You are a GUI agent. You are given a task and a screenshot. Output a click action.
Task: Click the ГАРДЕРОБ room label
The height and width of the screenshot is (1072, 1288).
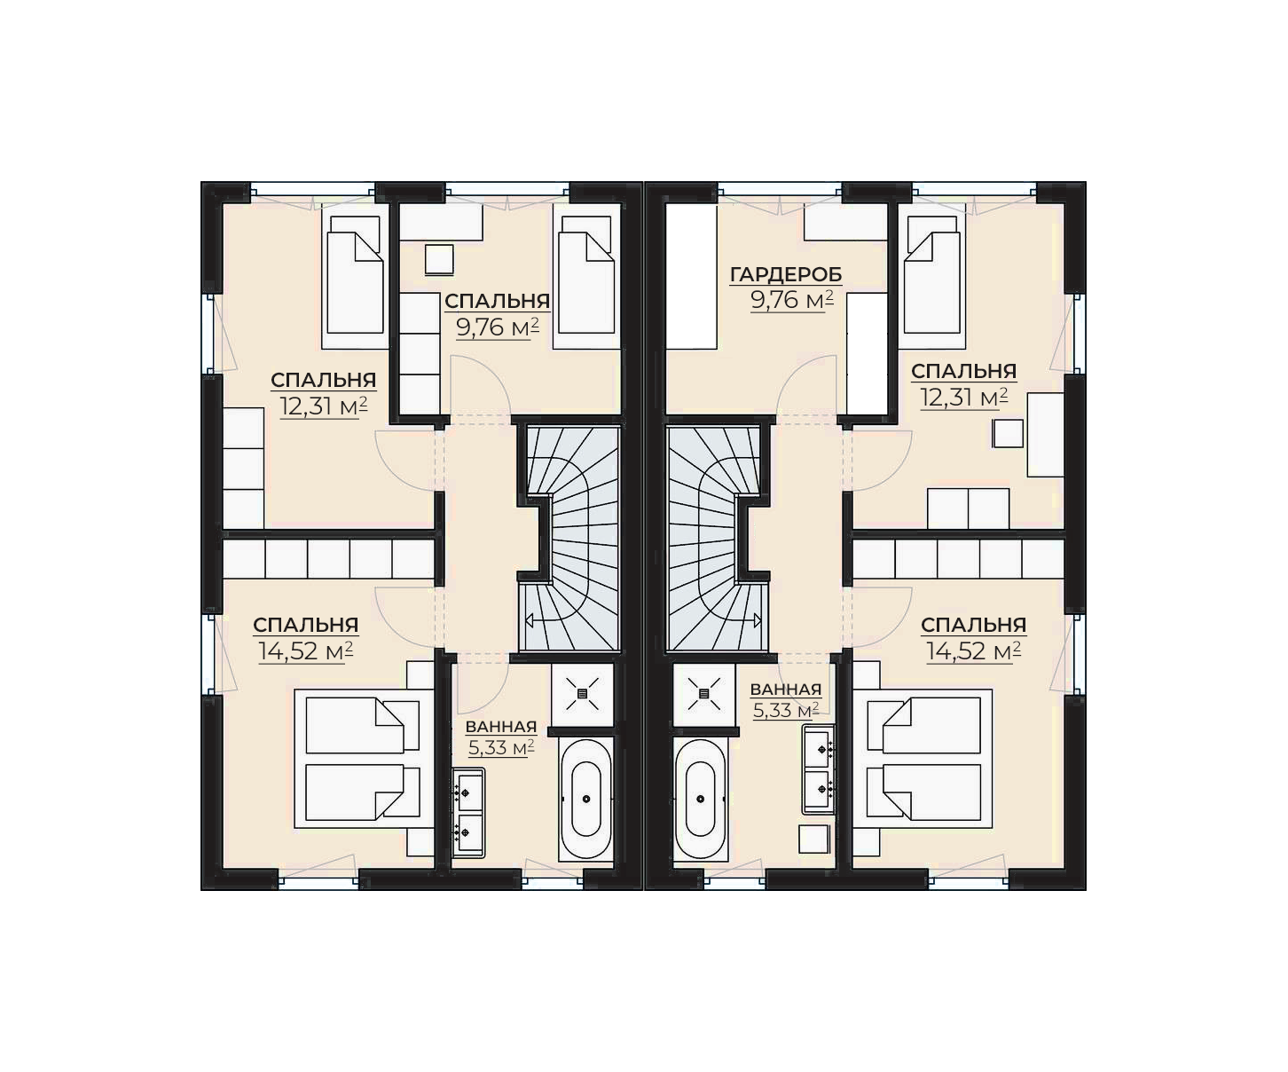786,274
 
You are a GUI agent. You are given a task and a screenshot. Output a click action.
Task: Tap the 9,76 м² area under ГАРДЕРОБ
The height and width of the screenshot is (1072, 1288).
792,300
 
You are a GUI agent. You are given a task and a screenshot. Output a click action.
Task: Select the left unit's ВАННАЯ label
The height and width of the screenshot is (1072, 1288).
501,727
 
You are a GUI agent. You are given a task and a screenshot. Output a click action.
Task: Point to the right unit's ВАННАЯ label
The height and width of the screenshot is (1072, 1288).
786,690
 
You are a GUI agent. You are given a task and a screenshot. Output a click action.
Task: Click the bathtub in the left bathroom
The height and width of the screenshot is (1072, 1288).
586,800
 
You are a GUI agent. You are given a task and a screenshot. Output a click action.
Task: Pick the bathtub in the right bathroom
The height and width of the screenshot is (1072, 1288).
701,800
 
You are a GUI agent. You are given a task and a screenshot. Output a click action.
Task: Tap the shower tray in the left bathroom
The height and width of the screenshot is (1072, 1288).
582,694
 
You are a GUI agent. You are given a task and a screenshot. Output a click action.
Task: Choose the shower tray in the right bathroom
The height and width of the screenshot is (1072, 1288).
703,694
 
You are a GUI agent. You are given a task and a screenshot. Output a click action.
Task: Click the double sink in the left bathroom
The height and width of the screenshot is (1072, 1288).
468,813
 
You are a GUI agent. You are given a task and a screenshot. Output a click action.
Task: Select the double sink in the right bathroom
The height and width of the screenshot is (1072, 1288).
819,769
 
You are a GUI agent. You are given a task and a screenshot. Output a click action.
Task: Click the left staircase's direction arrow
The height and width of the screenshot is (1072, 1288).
544,620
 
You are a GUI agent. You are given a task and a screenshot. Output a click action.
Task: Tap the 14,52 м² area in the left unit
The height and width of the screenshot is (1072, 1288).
305,651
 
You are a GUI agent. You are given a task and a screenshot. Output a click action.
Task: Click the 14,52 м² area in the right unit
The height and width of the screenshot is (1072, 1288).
973,651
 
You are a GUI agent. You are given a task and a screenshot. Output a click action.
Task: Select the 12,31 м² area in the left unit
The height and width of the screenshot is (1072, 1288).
324,406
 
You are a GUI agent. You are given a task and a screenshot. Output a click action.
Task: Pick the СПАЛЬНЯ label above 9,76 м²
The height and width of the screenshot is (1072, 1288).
497,301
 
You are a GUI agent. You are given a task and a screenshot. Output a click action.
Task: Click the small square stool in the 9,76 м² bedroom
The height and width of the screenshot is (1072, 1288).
439,260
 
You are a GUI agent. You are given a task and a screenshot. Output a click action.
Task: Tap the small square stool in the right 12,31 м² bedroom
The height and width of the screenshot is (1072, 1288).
1008,433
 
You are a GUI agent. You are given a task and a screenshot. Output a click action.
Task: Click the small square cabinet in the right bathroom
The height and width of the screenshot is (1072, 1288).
814,839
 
